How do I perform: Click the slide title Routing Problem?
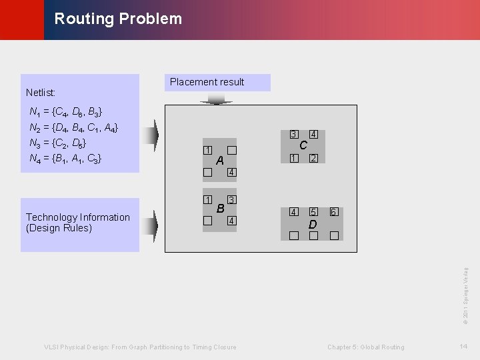tap(118, 19)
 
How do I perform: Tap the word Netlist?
tap(41, 93)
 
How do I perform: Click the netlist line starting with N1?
tap(66, 111)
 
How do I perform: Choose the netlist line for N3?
tap(58, 143)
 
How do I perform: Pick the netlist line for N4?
tap(66, 159)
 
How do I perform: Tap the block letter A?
tap(220, 161)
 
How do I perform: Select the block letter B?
tap(220, 209)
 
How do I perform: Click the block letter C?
tap(303, 145)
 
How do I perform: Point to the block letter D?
tap(313, 225)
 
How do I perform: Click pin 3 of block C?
tap(293, 135)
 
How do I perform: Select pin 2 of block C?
tap(313, 158)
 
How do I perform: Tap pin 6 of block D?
tap(333, 212)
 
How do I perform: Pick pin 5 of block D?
tap(313, 212)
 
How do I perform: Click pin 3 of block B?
tap(231, 200)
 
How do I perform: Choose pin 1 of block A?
tap(207, 150)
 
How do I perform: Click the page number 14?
tap(463, 347)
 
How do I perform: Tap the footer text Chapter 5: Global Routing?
tap(365, 347)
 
